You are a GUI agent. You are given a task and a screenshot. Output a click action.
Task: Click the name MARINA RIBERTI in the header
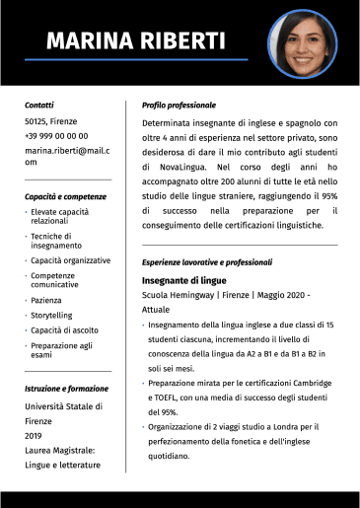click(136, 41)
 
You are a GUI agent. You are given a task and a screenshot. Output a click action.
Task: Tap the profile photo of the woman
click(303, 43)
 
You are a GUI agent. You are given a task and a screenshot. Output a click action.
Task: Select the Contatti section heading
click(39, 105)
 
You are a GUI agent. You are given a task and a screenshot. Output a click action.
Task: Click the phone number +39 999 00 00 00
click(56, 136)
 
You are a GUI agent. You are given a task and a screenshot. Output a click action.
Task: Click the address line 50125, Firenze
click(50, 121)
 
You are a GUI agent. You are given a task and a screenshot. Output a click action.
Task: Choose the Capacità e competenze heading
click(65, 196)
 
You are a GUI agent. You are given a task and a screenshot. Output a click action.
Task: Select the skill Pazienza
click(46, 300)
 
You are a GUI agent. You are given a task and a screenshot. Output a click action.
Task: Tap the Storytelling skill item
click(51, 315)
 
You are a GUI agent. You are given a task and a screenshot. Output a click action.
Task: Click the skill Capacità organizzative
click(70, 260)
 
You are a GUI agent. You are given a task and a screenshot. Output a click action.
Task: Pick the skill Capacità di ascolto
click(64, 329)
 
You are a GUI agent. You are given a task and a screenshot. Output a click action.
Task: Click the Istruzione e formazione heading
click(66, 390)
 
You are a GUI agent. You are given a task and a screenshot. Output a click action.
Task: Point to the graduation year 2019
click(34, 435)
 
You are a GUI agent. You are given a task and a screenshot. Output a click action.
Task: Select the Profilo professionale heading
click(179, 105)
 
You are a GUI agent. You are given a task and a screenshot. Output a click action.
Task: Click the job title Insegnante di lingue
click(183, 280)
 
